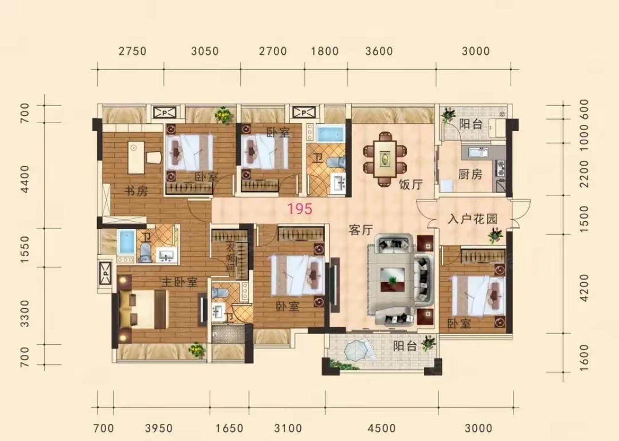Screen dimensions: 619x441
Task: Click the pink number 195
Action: coord(300,209)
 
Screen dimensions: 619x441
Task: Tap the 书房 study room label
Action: coord(136,191)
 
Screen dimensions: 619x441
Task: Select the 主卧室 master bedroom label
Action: coord(179,282)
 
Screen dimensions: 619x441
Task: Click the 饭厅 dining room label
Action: coord(411,185)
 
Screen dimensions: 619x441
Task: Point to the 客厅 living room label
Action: coord(361,230)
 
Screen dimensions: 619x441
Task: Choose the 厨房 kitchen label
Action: coord(470,174)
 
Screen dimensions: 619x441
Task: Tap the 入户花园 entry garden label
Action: coord(472,219)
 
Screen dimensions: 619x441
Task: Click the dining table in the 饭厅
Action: coord(385,159)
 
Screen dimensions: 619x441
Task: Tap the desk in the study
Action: coord(136,157)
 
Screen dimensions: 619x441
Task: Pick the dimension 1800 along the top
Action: coord(325,51)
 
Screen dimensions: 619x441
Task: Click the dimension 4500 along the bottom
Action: coord(381,428)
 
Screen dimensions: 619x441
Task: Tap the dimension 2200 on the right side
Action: coord(584,174)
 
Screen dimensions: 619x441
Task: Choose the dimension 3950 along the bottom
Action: coord(159,428)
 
